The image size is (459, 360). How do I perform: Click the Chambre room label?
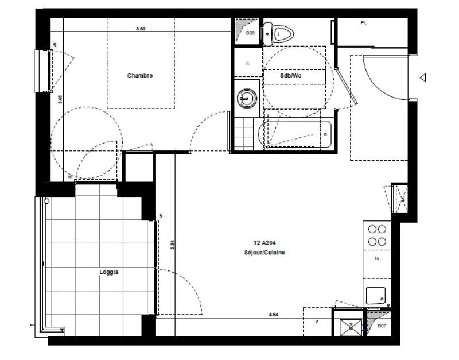click(140, 76)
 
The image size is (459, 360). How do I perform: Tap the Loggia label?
click(108, 273)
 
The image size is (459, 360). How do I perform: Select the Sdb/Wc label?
click(291, 76)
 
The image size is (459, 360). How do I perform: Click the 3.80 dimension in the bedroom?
click(141, 29)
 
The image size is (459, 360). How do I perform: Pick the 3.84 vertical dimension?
click(172, 244)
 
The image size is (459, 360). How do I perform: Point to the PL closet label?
click(363, 23)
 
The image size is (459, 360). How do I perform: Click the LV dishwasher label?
click(377, 259)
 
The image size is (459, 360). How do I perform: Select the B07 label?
click(382, 326)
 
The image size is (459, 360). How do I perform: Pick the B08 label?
click(250, 33)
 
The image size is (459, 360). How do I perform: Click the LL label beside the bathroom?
click(248, 63)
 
